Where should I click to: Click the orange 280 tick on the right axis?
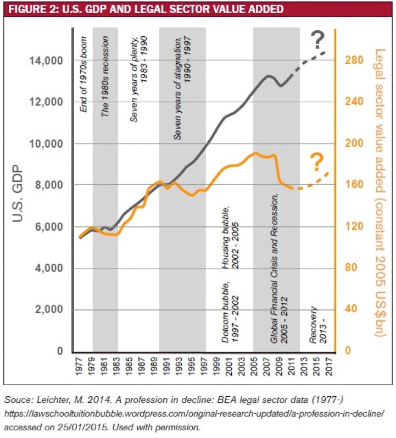(x=353, y=60)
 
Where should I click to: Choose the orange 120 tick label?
(x=353, y=226)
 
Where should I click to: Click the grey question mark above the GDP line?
(x=317, y=40)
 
